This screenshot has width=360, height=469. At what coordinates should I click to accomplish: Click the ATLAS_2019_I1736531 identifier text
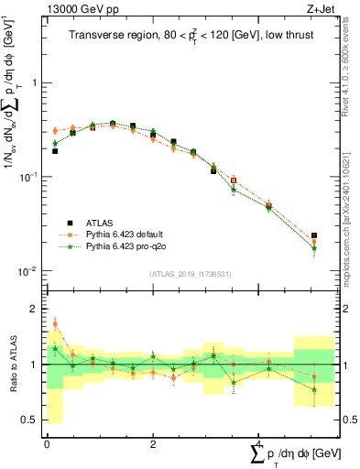[x=191, y=274]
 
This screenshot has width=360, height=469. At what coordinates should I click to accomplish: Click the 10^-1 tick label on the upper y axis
[x=30, y=177]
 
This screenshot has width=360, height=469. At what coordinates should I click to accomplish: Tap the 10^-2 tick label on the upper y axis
[x=30, y=271]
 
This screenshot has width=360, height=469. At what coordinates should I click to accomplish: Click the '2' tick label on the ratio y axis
[x=35, y=309]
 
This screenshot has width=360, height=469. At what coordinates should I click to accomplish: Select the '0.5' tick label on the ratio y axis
[x=30, y=420]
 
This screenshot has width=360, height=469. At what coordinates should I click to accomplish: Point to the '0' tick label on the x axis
[x=47, y=444]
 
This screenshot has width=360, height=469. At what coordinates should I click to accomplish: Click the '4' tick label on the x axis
[x=259, y=444]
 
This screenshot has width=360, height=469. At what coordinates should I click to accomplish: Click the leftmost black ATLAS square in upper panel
[x=55, y=151]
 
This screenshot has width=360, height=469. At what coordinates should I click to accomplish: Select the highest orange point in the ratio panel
[x=55, y=323]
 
